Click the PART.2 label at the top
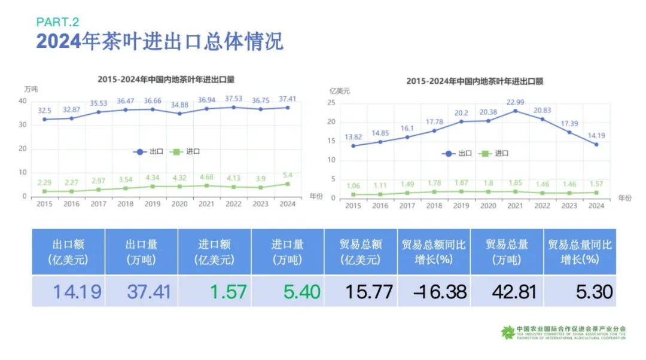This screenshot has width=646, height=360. coord(57,22)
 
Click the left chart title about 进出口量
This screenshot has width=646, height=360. coord(166,79)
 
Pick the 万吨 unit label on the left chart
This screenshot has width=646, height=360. coord(31,89)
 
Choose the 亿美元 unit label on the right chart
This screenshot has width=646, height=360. coord(340,91)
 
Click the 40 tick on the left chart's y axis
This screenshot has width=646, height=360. coord(23,100)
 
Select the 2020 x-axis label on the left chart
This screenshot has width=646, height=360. coord(179,204)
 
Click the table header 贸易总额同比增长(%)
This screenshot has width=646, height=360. coord(434,252)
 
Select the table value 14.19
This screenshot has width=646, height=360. coord(77,292)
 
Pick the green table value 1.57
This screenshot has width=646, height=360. coord(228,292)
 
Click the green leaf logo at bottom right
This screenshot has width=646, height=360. coord(508,332)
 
